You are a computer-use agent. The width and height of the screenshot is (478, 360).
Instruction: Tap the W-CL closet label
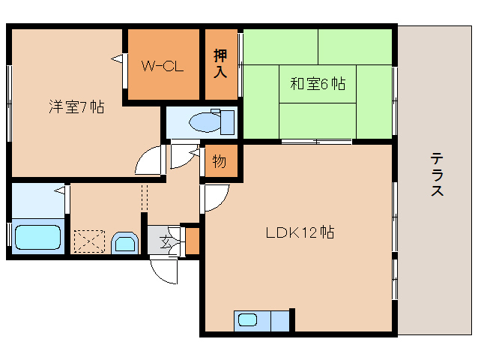coord(163,65)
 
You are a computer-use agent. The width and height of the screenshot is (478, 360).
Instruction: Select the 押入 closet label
coord(220,64)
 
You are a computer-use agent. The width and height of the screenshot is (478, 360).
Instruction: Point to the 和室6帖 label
coord(318,84)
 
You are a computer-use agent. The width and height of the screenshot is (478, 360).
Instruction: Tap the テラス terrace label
coord(437,174)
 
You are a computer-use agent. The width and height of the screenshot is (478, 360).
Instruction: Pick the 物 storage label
coord(219,161)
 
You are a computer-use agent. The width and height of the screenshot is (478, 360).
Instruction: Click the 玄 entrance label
coord(165,241)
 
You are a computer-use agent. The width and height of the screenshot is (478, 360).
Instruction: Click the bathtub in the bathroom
coord(38,237)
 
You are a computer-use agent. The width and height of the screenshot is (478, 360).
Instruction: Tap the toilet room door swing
coord(182,156)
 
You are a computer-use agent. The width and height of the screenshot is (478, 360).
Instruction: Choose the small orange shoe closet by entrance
coord(192,241)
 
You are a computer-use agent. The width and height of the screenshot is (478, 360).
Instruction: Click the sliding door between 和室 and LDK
coord(317,141)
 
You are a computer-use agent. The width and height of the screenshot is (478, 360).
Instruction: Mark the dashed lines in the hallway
coord(145,198)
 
